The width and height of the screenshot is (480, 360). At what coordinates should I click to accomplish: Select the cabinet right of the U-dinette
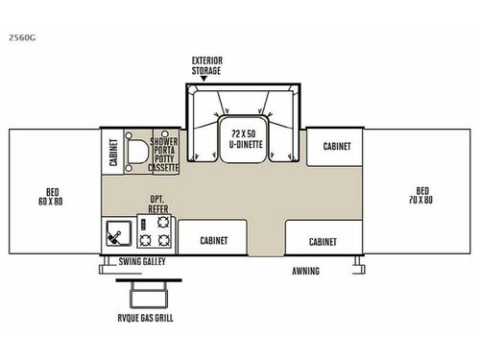click(x=335, y=147)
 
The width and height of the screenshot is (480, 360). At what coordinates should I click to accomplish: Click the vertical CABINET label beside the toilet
click(x=114, y=152)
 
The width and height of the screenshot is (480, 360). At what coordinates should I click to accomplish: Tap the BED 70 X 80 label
click(x=420, y=195)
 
